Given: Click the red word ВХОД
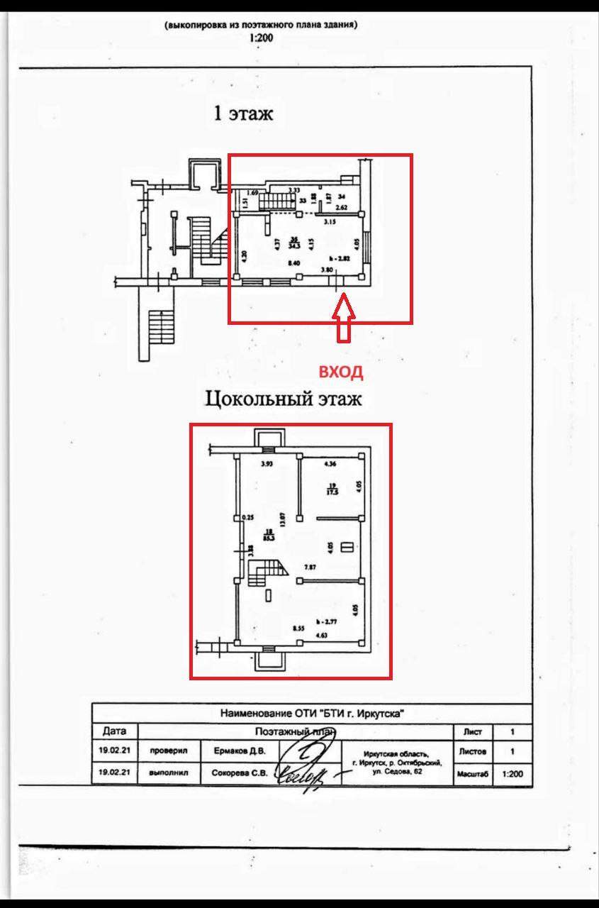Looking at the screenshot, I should [341, 372].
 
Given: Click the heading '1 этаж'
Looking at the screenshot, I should [243, 113].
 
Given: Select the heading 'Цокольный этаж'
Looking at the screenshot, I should [284, 399].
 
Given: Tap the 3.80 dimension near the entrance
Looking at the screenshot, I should [327, 270].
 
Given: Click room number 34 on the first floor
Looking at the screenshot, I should [342, 196].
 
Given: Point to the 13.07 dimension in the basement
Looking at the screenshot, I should [282, 521].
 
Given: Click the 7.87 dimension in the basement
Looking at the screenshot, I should [310, 567].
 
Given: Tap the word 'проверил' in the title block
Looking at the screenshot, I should [167, 751].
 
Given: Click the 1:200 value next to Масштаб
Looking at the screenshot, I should [512, 775].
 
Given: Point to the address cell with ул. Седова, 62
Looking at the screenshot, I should [397, 763].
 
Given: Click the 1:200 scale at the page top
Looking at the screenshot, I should [261, 38].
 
